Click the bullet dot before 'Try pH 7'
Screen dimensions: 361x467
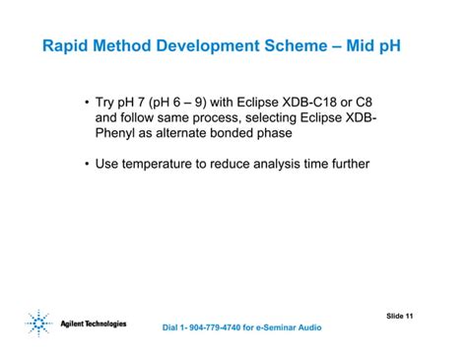click(x=87, y=102)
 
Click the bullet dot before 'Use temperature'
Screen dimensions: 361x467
click(x=87, y=163)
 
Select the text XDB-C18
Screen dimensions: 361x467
click(x=314, y=102)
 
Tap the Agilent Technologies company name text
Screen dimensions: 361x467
click(x=93, y=324)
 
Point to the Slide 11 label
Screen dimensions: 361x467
click(x=400, y=316)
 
